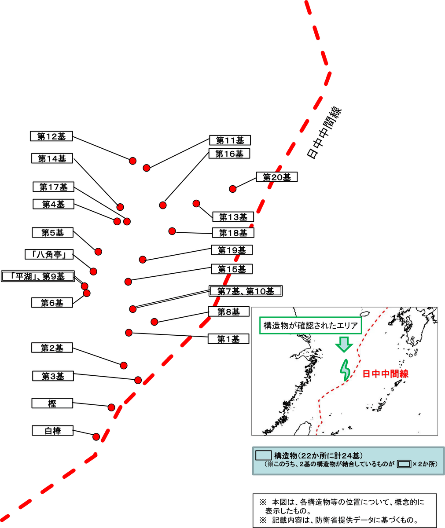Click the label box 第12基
51,136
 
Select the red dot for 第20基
232,189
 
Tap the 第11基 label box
230,140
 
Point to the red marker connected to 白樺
96,437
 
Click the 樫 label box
52,403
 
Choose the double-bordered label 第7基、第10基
246,291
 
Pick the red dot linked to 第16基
163,205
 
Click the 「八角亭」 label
49,254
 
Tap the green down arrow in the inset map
344,345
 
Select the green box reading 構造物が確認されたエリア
310,326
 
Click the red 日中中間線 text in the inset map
385,374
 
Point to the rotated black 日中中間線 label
324,133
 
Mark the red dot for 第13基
196,204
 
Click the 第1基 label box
228,339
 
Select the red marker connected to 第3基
138,380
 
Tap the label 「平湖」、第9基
38,276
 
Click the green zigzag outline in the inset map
345,370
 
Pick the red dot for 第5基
98,252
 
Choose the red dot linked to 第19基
143,260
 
